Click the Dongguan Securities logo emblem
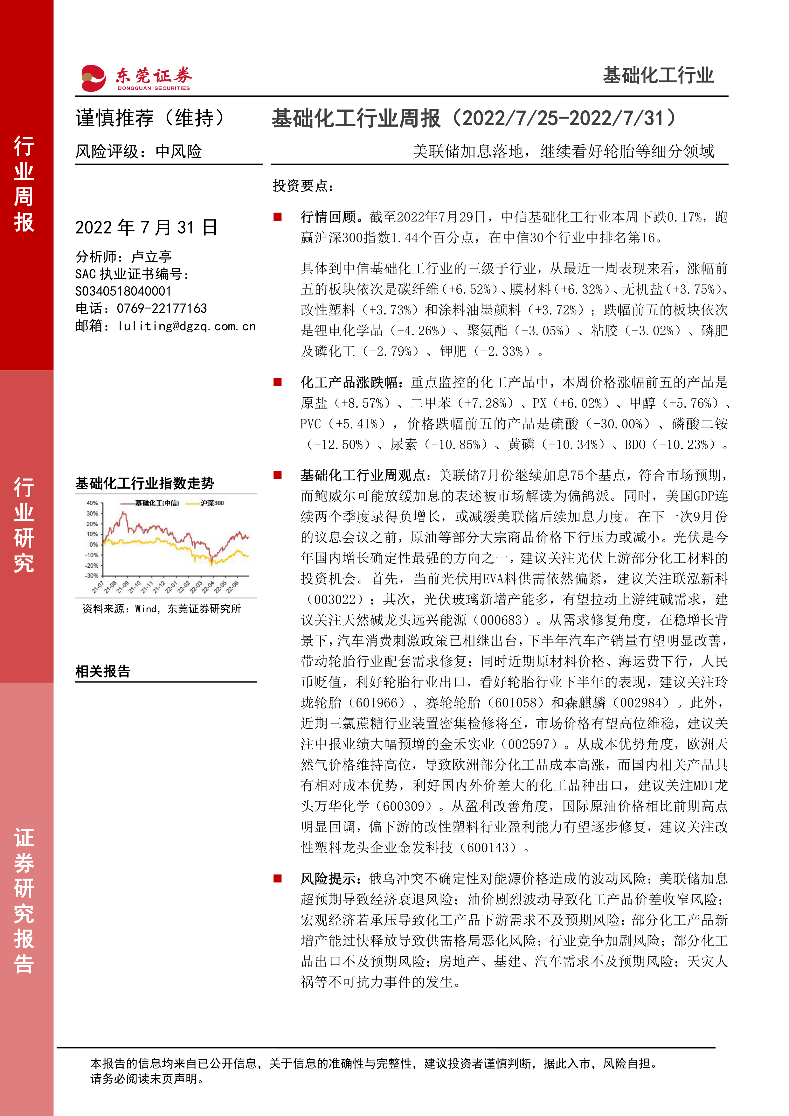point(93,78)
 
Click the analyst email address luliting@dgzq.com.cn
point(187,326)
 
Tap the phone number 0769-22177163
point(162,309)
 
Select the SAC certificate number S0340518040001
point(123,291)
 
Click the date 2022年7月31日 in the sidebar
point(146,227)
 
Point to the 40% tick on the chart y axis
point(92,503)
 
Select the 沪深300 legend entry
point(212,503)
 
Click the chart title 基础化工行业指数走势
point(145,483)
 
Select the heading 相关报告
point(103,671)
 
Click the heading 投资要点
point(303,186)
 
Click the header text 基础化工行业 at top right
point(658,76)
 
